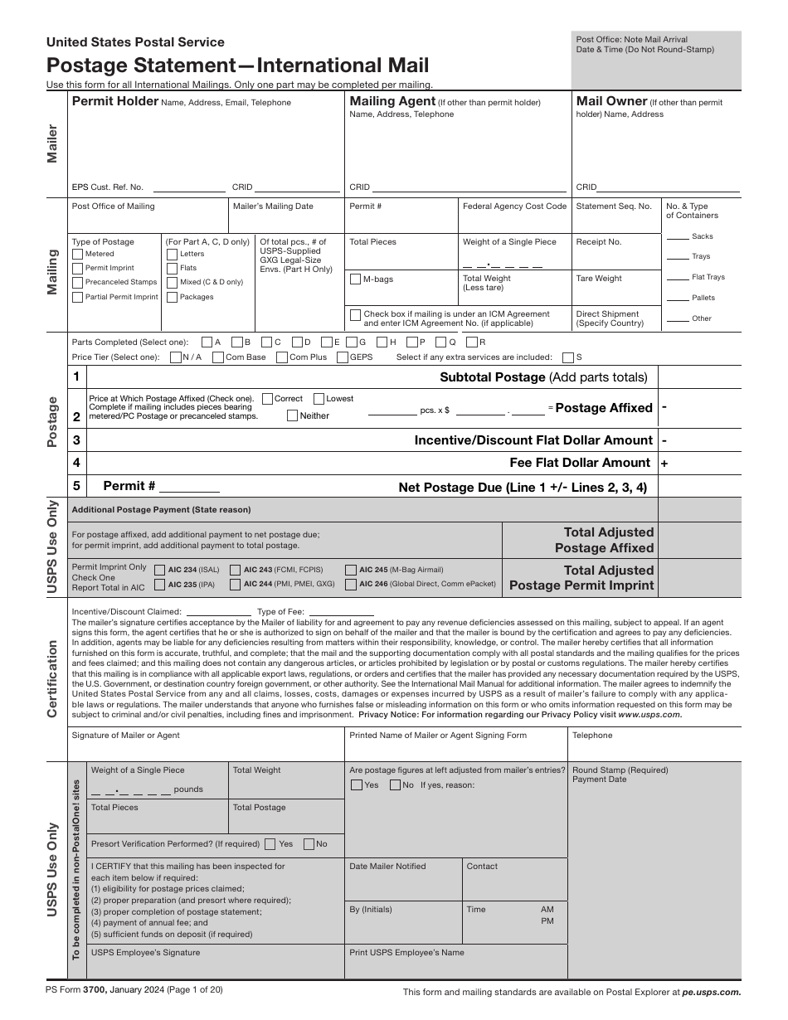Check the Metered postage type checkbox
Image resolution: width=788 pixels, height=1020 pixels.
coord(78,254)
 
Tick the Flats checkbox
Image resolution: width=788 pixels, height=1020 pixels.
coord(172,268)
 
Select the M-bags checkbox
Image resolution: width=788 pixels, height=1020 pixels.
coord(355,279)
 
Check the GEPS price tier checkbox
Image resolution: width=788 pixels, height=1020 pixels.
coord(343,357)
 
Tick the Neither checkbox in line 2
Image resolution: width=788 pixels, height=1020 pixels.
coord(292,415)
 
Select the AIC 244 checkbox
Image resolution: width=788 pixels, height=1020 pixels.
coord(236,584)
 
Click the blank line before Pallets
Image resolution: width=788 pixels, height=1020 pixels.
coord(678,298)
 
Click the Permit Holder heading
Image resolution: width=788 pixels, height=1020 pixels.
coord(115,101)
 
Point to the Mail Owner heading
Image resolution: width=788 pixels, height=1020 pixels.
coord(611,101)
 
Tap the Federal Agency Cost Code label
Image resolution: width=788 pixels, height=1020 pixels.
coord(514,206)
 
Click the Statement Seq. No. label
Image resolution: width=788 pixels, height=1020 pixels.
coord(613,206)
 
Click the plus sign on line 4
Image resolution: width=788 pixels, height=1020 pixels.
coord(664,463)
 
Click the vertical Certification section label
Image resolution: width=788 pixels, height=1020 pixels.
coord(52,678)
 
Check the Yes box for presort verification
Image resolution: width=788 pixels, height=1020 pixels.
coord(270,844)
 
